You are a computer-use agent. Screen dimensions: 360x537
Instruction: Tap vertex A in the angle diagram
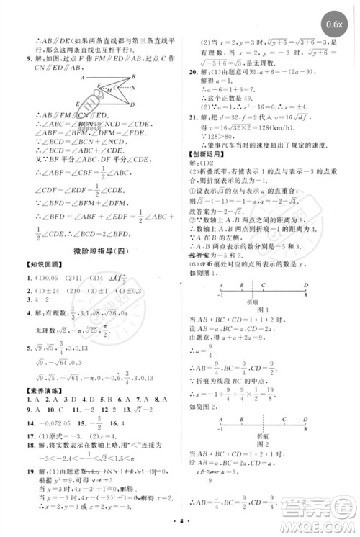coord(84,77)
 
